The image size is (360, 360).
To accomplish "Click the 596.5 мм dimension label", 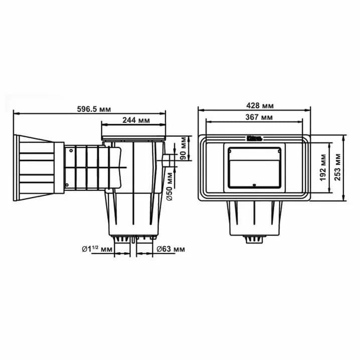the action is point(94,109).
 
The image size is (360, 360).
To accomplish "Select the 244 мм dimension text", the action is point(136,120).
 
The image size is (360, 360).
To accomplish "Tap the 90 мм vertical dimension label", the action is point(184,148).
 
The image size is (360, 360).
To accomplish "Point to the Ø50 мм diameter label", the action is point(169,187).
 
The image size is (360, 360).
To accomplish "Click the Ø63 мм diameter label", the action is point(170,249).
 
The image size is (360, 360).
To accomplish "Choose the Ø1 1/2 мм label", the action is point(97,249).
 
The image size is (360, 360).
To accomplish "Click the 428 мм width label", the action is point(260,106).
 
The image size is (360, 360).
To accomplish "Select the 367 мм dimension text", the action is point(259,117).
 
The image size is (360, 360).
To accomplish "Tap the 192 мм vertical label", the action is point(323,167).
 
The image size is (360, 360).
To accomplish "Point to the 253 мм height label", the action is point(337,167).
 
